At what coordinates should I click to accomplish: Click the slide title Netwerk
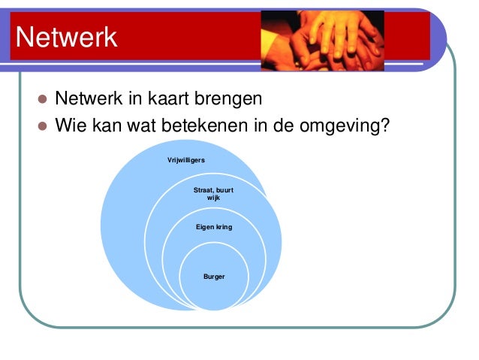(x=67, y=37)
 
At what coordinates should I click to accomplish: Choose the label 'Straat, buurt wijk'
(x=213, y=194)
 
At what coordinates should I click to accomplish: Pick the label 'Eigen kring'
(x=213, y=226)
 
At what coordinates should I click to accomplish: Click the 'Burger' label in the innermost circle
(x=213, y=277)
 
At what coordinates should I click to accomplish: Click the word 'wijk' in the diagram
(x=213, y=198)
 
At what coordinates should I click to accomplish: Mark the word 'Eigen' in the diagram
(x=204, y=226)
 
